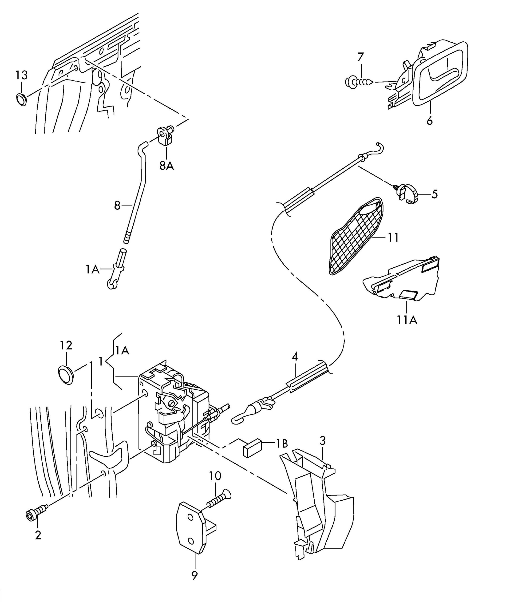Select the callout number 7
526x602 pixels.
(x=361, y=56)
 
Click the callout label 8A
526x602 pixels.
(x=167, y=166)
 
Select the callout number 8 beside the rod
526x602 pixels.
(x=117, y=206)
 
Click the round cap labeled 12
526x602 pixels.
(x=65, y=374)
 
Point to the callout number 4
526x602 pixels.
(x=295, y=357)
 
